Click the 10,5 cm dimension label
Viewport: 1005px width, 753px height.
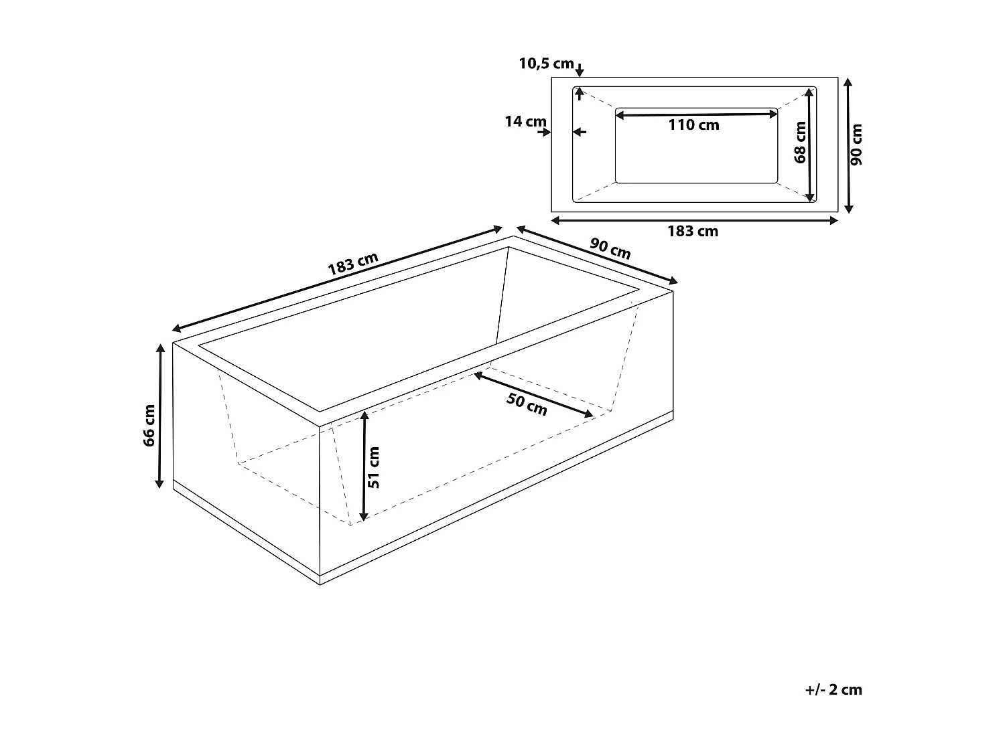tap(546, 64)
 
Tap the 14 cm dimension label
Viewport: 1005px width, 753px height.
tap(525, 122)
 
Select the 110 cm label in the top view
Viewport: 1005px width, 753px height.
tap(693, 125)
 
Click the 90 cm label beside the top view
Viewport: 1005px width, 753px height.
tap(857, 145)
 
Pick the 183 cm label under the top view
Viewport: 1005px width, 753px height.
tap(693, 232)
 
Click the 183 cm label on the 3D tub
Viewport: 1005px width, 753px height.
tap(353, 264)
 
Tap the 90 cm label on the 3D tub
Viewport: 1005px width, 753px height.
tap(610, 248)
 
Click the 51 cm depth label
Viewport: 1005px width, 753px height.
tap(375, 467)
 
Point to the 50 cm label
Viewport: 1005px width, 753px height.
tap(527, 404)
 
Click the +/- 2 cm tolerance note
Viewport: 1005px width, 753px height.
tap(833, 689)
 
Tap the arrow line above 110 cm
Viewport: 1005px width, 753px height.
tap(696, 115)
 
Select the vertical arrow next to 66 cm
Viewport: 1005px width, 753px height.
tap(160, 416)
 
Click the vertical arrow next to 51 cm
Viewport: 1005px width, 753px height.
tap(364, 467)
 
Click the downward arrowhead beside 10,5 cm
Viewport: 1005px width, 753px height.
tap(580, 70)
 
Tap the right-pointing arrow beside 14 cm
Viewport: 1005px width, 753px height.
tap(543, 132)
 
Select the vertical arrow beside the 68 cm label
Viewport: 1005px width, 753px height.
tap(810, 145)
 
